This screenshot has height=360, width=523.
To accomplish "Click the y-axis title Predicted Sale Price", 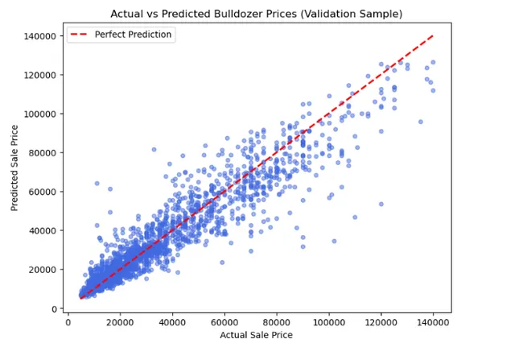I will tap(14, 168).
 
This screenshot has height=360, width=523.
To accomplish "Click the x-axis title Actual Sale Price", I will tap(259, 335).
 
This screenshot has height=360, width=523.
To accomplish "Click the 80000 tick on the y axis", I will tap(40, 153).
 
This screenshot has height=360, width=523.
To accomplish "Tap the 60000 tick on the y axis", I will tap(40, 192).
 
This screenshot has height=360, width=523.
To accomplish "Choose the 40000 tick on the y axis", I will tap(40, 231).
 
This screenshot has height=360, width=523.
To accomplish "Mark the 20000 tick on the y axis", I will tap(40, 270).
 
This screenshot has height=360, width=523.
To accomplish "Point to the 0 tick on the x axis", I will tap(68, 322).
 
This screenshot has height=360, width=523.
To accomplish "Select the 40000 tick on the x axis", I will tap(172, 322).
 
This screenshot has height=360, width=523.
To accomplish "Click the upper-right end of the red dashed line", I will tap(434, 36).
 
